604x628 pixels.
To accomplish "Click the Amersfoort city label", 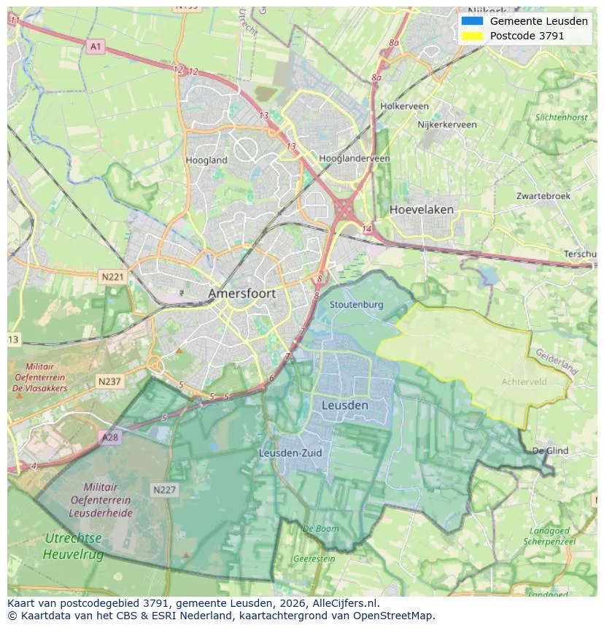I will pos(242,293).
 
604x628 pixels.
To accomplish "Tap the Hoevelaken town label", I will pos(421,209).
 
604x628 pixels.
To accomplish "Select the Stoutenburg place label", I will pos(356,304).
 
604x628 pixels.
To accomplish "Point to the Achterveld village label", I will pos(524,381).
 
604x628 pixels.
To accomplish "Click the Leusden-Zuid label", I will pos(290,453).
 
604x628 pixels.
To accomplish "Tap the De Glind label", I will pos(550,451).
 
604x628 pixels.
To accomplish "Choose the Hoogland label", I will pos(206,160).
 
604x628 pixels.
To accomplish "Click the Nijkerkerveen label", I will pos(447,125).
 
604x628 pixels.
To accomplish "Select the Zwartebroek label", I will pos(543,196).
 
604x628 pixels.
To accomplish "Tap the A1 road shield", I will pos(96,47).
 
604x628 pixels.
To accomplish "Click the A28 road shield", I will pos(109,437).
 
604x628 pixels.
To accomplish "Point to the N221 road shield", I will pos(112,277).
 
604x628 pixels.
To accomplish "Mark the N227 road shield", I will pos(164,490).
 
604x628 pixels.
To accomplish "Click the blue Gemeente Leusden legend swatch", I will pos(472,21).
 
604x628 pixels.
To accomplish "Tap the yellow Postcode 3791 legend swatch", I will pos(472,36).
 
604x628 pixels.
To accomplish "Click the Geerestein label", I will pos(314,559).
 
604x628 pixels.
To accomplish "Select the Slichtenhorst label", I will pos(561,117).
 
